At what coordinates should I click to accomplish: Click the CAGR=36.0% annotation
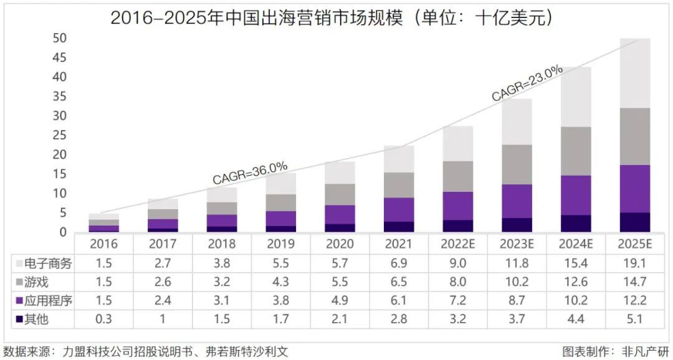click(250, 173)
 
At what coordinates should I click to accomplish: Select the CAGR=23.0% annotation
click(527, 83)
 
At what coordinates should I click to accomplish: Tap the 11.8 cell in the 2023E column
click(517, 263)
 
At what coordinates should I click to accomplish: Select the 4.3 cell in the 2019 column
click(280, 282)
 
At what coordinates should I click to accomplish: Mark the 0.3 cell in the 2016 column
click(103, 320)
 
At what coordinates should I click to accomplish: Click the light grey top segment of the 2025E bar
click(635, 73)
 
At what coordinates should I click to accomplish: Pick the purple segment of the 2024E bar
click(576, 195)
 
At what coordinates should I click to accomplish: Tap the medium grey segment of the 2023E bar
click(517, 164)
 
